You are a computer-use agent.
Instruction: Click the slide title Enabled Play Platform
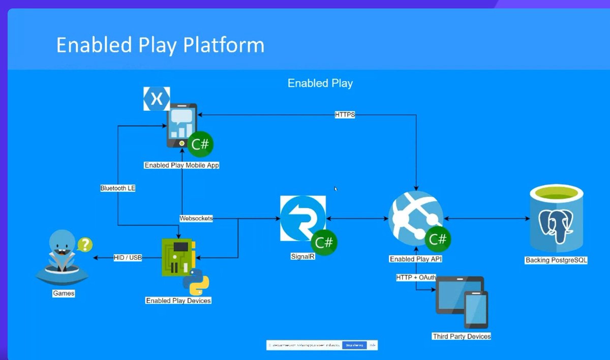(x=160, y=45)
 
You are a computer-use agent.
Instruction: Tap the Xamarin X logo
(x=157, y=99)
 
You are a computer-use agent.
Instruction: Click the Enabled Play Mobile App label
(x=181, y=165)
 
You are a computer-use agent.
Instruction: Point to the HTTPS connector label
(x=345, y=115)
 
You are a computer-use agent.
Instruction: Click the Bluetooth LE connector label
(x=118, y=188)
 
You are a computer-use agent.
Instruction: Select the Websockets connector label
(x=196, y=219)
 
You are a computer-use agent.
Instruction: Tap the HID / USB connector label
(x=127, y=258)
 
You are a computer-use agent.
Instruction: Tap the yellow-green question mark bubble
(x=84, y=245)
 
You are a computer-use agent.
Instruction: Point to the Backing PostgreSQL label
(x=556, y=260)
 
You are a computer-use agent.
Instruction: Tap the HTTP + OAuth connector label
(x=416, y=278)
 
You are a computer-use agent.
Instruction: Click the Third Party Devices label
(x=462, y=336)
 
